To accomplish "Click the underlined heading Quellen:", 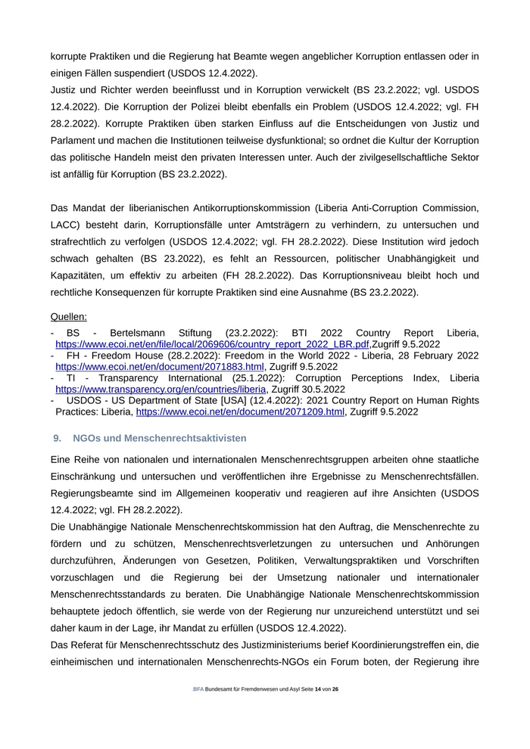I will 68,316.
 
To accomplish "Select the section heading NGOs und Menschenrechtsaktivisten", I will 160,438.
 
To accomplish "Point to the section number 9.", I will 57,438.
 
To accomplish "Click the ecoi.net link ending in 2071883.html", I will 160,366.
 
